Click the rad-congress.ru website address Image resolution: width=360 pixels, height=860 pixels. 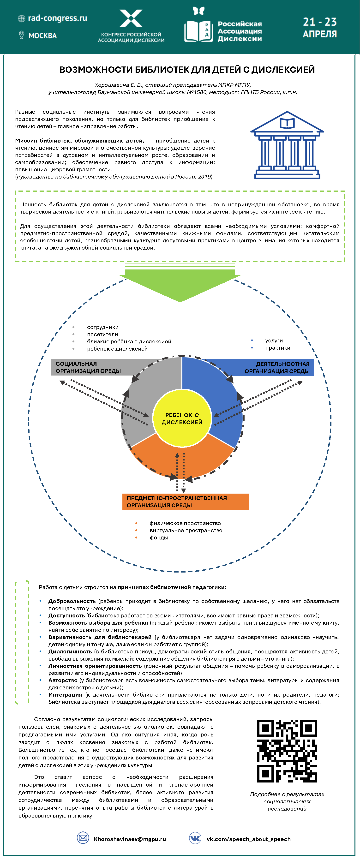(x=57, y=18)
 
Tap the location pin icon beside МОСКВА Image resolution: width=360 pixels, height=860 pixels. (x=22, y=35)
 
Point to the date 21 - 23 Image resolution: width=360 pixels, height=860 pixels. (x=320, y=22)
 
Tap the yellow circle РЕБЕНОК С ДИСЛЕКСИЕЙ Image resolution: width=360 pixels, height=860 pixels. (x=182, y=418)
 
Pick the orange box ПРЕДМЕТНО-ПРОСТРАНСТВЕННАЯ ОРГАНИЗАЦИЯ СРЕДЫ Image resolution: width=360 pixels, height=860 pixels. (x=185, y=502)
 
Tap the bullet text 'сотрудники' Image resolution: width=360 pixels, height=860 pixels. (x=102, y=327)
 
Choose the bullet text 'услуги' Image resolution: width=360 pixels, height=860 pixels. (x=274, y=340)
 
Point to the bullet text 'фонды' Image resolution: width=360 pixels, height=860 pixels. (x=159, y=537)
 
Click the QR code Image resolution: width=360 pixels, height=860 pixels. (x=287, y=751)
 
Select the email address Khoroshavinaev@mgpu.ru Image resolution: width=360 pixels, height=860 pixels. (x=130, y=839)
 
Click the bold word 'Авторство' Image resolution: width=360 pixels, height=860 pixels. (x=63, y=680)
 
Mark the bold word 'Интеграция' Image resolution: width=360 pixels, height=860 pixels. (x=65, y=695)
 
